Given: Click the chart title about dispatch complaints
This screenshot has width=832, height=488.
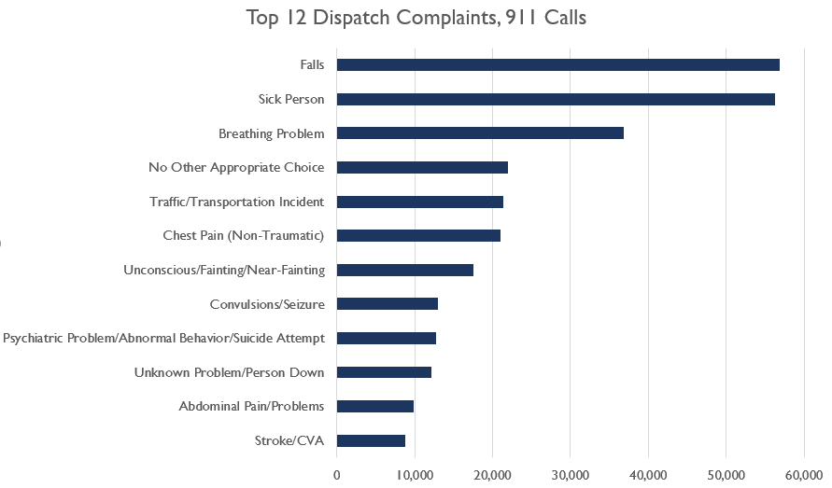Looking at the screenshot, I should click(416, 19).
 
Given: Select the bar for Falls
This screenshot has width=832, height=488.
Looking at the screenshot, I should click(557, 64).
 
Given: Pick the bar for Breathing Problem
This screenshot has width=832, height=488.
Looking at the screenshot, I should click(480, 133).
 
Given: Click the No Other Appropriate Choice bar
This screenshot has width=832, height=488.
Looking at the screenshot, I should click(422, 167).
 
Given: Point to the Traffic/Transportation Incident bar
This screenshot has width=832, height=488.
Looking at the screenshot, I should click(420, 202).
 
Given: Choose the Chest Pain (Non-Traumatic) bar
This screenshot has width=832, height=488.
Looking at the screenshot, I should click(418, 235).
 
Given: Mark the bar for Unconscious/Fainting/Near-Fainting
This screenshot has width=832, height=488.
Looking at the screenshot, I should click(405, 270).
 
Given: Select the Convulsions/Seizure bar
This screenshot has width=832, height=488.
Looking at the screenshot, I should click(388, 303).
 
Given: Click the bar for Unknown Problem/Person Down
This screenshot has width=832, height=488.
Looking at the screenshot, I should click(384, 372).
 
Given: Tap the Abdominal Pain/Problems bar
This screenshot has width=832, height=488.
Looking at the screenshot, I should click(375, 406).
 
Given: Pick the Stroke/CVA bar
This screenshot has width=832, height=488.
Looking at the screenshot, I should click(371, 440).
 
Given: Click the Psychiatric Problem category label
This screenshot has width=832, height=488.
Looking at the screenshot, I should click(163, 338).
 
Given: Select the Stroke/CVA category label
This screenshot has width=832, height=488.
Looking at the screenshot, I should click(289, 440).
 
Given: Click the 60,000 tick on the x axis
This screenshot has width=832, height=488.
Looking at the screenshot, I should click(804, 475).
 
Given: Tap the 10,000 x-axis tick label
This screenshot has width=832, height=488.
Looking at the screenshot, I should click(415, 475).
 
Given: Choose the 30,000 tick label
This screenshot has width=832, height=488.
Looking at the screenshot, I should click(571, 475).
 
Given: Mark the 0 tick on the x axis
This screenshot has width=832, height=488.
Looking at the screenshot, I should click(337, 475).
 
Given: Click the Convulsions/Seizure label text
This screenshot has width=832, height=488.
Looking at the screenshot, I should click(267, 303).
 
